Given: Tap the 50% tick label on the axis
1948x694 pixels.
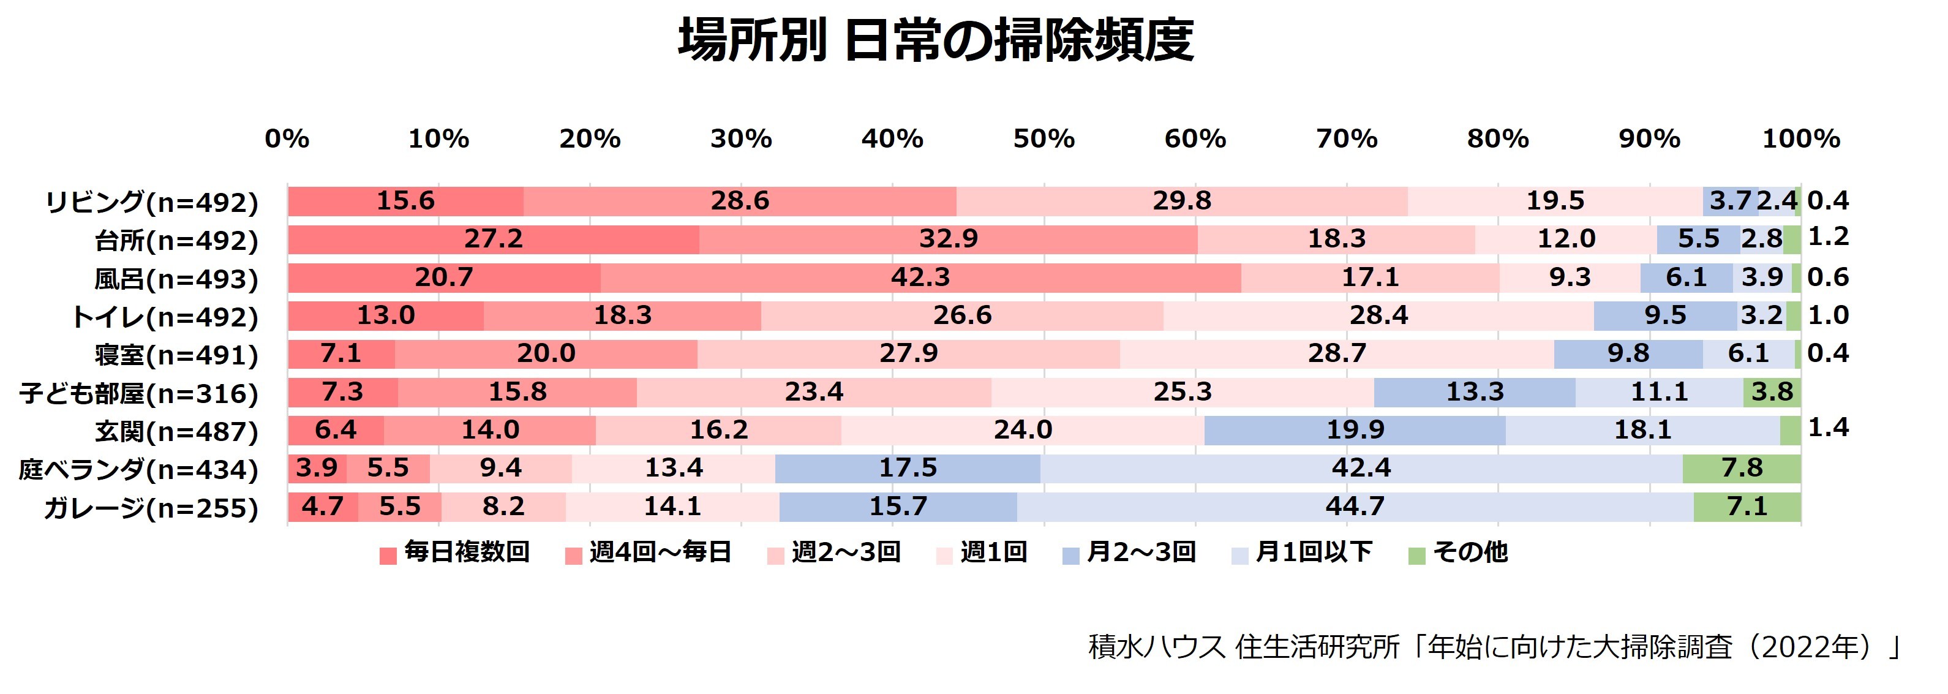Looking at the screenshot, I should click(x=1044, y=139).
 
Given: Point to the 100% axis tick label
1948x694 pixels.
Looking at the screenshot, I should click(x=1800, y=139).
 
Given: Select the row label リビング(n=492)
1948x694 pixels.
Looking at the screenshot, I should click(x=152, y=203).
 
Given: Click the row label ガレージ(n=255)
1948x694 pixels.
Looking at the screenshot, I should click(x=151, y=508).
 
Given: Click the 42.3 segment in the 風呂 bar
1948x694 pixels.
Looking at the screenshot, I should click(x=920, y=277).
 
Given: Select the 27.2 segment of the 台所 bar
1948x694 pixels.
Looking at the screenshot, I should click(x=493, y=239).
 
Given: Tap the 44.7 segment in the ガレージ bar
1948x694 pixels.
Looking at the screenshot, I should click(x=1355, y=507).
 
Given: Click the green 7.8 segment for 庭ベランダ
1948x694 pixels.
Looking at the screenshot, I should click(x=1742, y=468).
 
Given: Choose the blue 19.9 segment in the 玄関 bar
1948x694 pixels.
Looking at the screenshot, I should click(x=1355, y=430).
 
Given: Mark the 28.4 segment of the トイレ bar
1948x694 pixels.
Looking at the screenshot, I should click(x=1378, y=315).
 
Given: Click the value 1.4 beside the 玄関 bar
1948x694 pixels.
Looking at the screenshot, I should click(x=1828, y=428).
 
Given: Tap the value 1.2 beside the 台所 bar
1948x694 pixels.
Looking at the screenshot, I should click(x=1828, y=238).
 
